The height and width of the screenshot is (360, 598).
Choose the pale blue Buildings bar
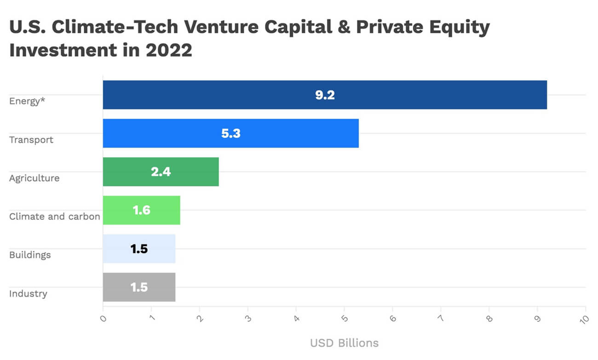[x=156, y=249]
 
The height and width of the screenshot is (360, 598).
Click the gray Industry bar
[x=156, y=287]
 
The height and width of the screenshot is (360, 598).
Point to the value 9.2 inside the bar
[x=325, y=95]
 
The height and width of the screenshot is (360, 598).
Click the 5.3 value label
[x=231, y=133]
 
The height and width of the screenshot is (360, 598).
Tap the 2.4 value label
[x=161, y=172]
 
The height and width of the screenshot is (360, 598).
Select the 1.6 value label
[x=141, y=210]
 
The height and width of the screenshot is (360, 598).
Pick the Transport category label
[x=31, y=140]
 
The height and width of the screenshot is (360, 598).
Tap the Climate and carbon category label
[x=55, y=216]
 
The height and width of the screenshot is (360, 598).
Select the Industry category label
[x=28, y=293]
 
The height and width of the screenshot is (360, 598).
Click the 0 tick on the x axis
[x=103, y=318]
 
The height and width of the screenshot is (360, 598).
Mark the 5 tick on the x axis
[x=344, y=318]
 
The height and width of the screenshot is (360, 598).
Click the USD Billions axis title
[x=344, y=343]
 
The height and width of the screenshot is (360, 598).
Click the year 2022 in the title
[x=169, y=50]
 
